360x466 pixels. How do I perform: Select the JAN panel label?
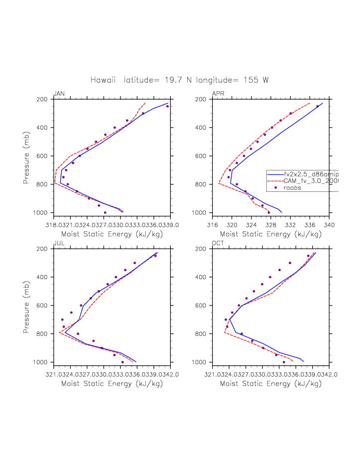point(59,94)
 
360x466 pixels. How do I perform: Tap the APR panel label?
point(218,94)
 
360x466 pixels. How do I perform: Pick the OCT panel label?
point(218,243)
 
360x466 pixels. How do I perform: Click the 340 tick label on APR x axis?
point(329,224)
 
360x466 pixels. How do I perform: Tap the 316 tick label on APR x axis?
point(213,224)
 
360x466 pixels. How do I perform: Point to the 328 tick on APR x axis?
point(271,224)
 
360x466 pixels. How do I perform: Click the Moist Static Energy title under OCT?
point(271,384)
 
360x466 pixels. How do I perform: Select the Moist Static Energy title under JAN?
point(112,234)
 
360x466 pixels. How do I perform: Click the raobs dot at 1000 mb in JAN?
point(105,213)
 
